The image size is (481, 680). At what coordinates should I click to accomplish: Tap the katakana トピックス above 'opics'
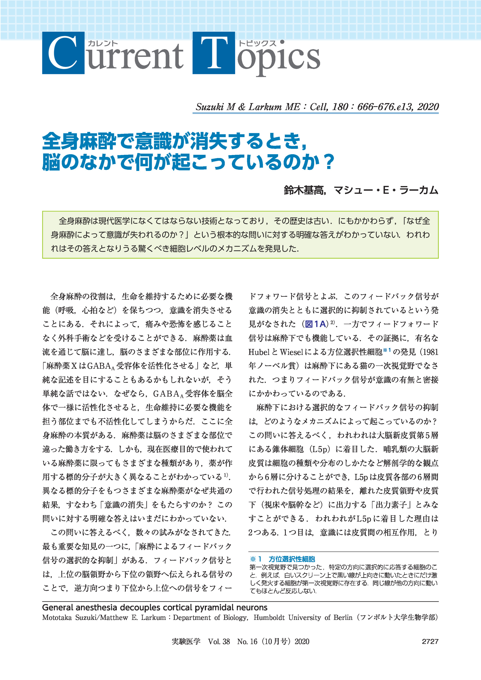(x=257, y=44)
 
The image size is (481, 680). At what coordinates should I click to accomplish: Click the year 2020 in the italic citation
(x=428, y=106)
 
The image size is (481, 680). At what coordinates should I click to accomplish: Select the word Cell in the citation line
(x=318, y=106)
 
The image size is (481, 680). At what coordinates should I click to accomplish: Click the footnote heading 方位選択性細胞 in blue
(x=292, y=559)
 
